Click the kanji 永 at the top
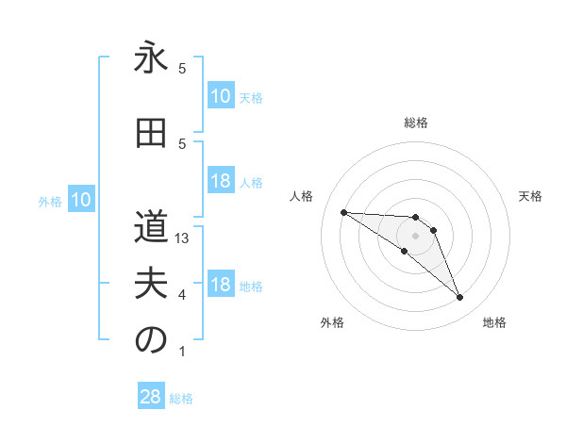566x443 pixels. [151, 59]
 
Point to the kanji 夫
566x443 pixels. [151, 284]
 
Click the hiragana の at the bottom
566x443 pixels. [151, 340]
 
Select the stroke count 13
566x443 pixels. [183, 238]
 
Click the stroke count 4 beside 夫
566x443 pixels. [182, 295]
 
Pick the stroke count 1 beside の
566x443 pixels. [182, 352]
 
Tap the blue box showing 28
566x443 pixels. [151, 397]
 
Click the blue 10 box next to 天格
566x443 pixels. [220, 96]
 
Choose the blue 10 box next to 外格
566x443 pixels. [80, 200]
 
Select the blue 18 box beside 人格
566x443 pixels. [220, 182]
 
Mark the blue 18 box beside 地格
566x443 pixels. [220, 286]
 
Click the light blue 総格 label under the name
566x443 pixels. [181, 399]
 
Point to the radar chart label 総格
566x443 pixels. [416, 123]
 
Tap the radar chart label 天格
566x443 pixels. [531, 196]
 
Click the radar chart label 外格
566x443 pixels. [332, 322]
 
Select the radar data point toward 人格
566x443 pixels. [343, 212]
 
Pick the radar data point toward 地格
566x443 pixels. [459, 298]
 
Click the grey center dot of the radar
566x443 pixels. [415, 236]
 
